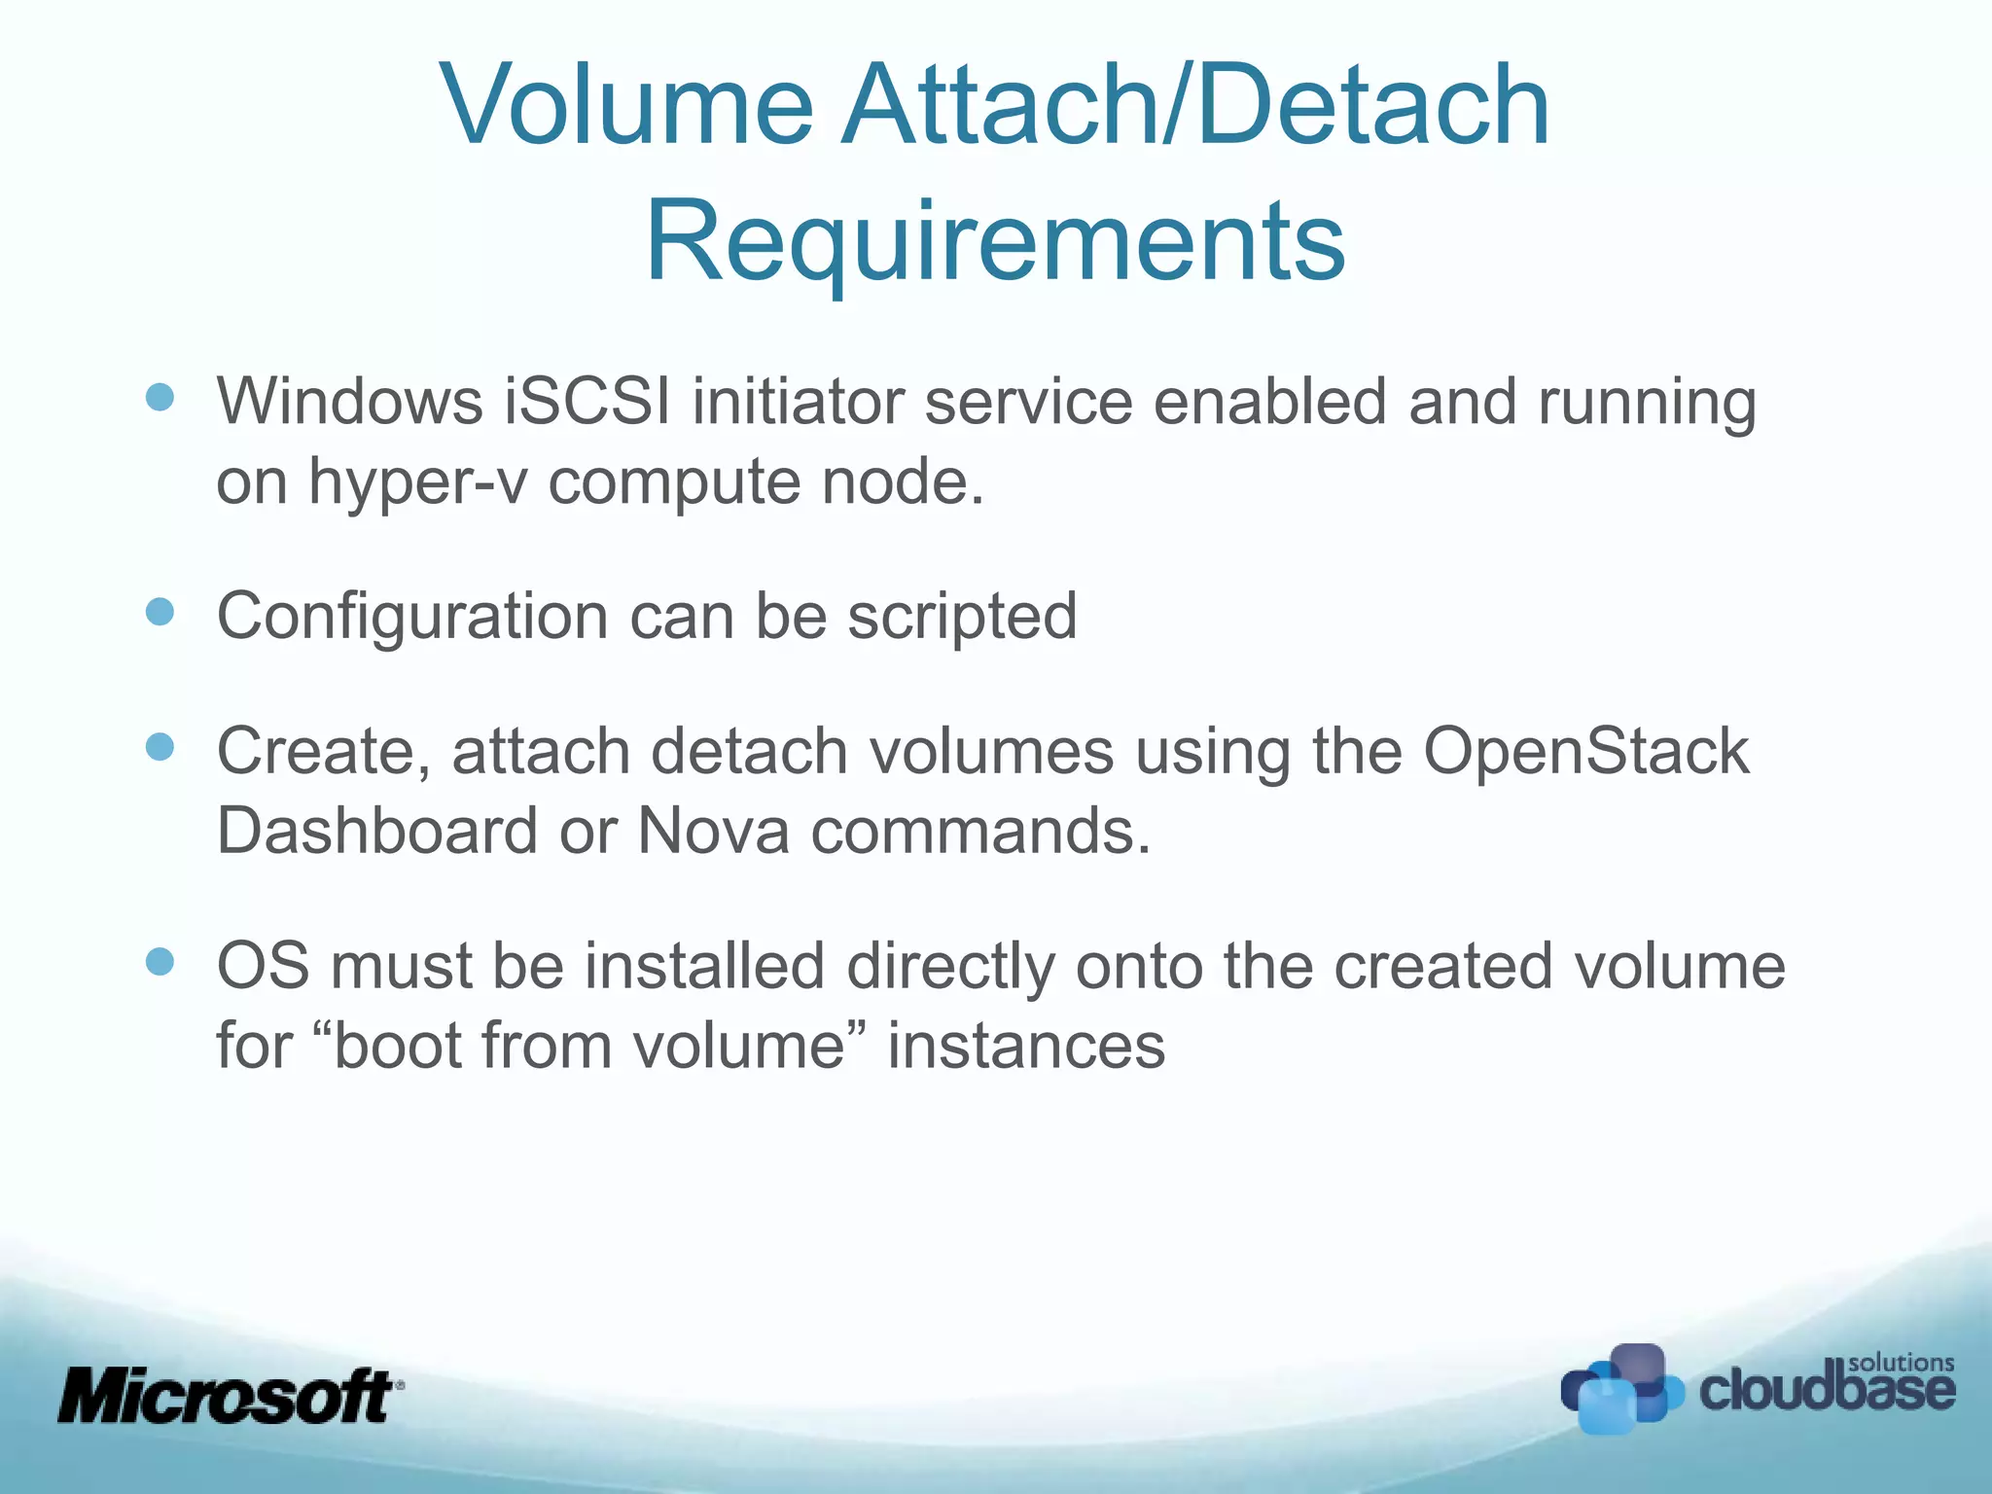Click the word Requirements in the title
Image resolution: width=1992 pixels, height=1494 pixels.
(995, 240)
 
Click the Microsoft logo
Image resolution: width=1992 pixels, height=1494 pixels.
(230, 1396)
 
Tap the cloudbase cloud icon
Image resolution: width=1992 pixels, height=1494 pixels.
(1619, 1389)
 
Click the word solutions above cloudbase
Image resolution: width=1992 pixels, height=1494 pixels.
(1901, 1362)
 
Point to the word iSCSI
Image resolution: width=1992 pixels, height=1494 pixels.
(587, 401)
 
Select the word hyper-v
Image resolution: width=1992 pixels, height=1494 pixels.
(418, 481)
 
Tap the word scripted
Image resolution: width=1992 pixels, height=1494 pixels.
(962, 616)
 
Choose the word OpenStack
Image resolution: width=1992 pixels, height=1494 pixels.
(1585, 751)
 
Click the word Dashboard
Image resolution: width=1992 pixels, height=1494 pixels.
(377, 831)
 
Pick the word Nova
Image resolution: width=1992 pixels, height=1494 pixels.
(713, 831)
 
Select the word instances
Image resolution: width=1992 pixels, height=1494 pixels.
(1026, 1046)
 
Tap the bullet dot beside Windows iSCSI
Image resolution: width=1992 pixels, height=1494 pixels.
(160, 397)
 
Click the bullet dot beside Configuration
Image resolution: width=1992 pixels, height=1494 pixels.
(160, 612)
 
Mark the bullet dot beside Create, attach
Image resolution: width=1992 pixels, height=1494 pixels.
(160, 747)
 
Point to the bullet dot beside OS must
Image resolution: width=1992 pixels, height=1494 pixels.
(160, 962)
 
